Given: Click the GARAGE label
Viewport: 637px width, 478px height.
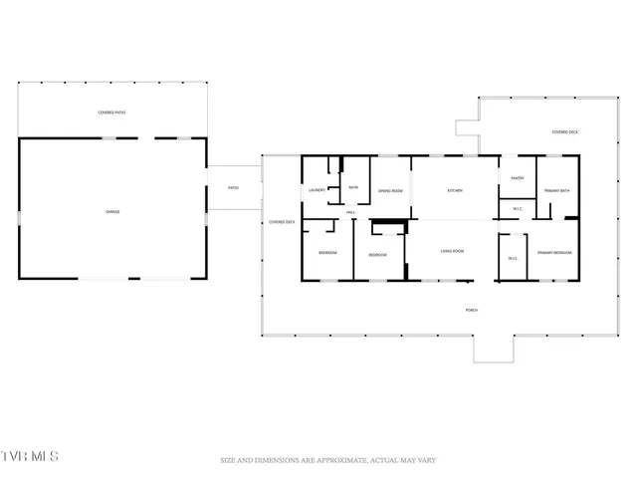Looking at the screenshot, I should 112,211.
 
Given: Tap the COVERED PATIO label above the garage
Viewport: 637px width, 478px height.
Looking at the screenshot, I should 112,113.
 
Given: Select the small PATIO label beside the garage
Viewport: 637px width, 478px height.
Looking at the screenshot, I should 233,188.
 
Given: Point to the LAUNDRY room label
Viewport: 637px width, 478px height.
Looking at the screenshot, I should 318,189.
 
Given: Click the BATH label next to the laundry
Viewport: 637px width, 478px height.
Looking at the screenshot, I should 352,187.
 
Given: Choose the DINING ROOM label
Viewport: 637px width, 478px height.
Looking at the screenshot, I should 389,190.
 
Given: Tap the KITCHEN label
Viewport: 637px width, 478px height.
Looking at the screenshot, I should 455,190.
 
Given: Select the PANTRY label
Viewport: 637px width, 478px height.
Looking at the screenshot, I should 518,178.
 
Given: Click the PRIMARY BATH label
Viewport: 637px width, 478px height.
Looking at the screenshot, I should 557,190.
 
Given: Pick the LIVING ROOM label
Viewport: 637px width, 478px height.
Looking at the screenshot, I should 453,251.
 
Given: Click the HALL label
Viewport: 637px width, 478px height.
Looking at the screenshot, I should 350,212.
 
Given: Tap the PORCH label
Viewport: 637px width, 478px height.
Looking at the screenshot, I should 472,310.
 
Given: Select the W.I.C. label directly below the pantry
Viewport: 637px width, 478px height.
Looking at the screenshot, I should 518,209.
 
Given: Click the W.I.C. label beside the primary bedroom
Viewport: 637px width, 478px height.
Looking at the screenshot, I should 513,259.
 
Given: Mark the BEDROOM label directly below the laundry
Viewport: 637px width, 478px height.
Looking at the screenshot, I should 327,253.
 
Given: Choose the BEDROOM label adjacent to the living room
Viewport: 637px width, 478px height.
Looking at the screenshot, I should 377,255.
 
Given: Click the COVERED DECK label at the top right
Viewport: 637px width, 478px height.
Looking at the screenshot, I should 566,131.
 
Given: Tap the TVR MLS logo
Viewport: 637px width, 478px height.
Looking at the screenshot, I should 30,456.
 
